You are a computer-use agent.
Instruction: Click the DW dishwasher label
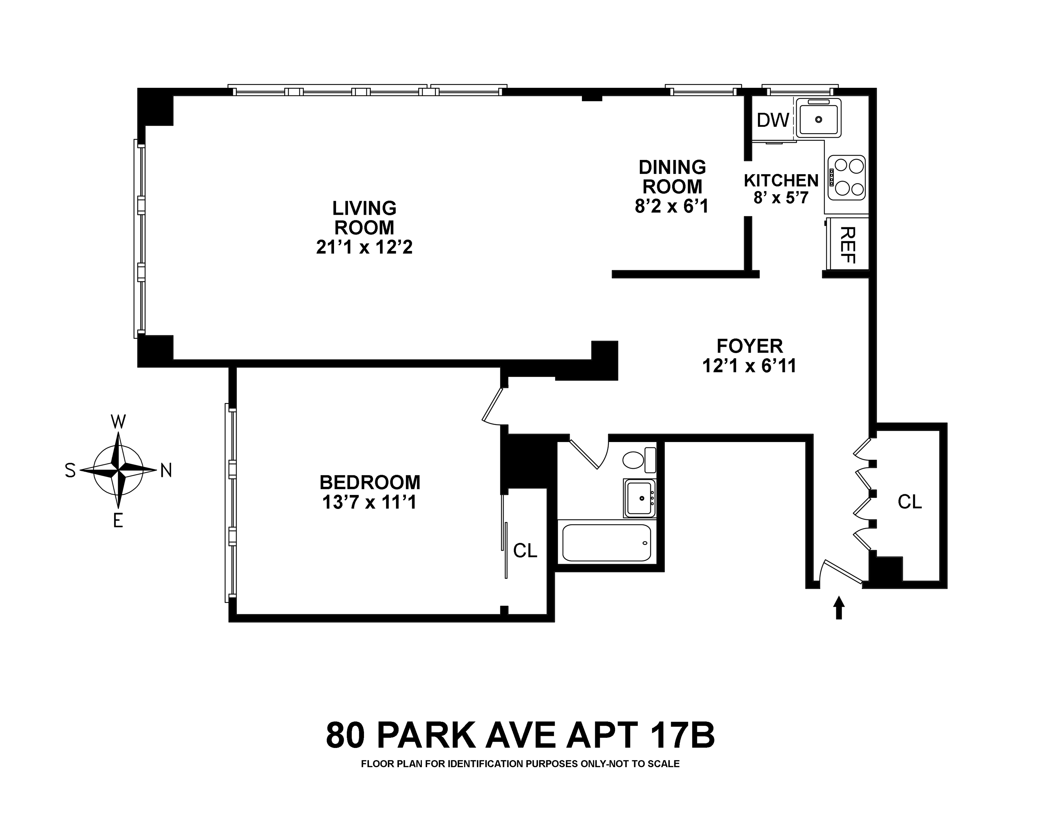[773, 120]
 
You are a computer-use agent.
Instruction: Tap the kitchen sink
[819, 119]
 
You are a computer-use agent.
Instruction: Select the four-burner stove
[847, 177]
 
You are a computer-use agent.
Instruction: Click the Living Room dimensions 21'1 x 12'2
[364, 247]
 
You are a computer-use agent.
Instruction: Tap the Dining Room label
[673, 177]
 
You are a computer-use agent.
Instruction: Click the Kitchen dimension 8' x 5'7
[781, 197]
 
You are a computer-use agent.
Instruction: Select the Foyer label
[750, 346]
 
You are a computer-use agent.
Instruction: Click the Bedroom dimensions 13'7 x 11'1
[370, 503]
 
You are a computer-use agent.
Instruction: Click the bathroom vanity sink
[639, 498]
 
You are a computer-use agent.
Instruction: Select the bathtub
[606, 543]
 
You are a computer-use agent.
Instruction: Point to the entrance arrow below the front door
[839, 607]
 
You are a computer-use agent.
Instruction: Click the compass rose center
[119, 470]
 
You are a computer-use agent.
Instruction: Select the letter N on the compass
[166, 470]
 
